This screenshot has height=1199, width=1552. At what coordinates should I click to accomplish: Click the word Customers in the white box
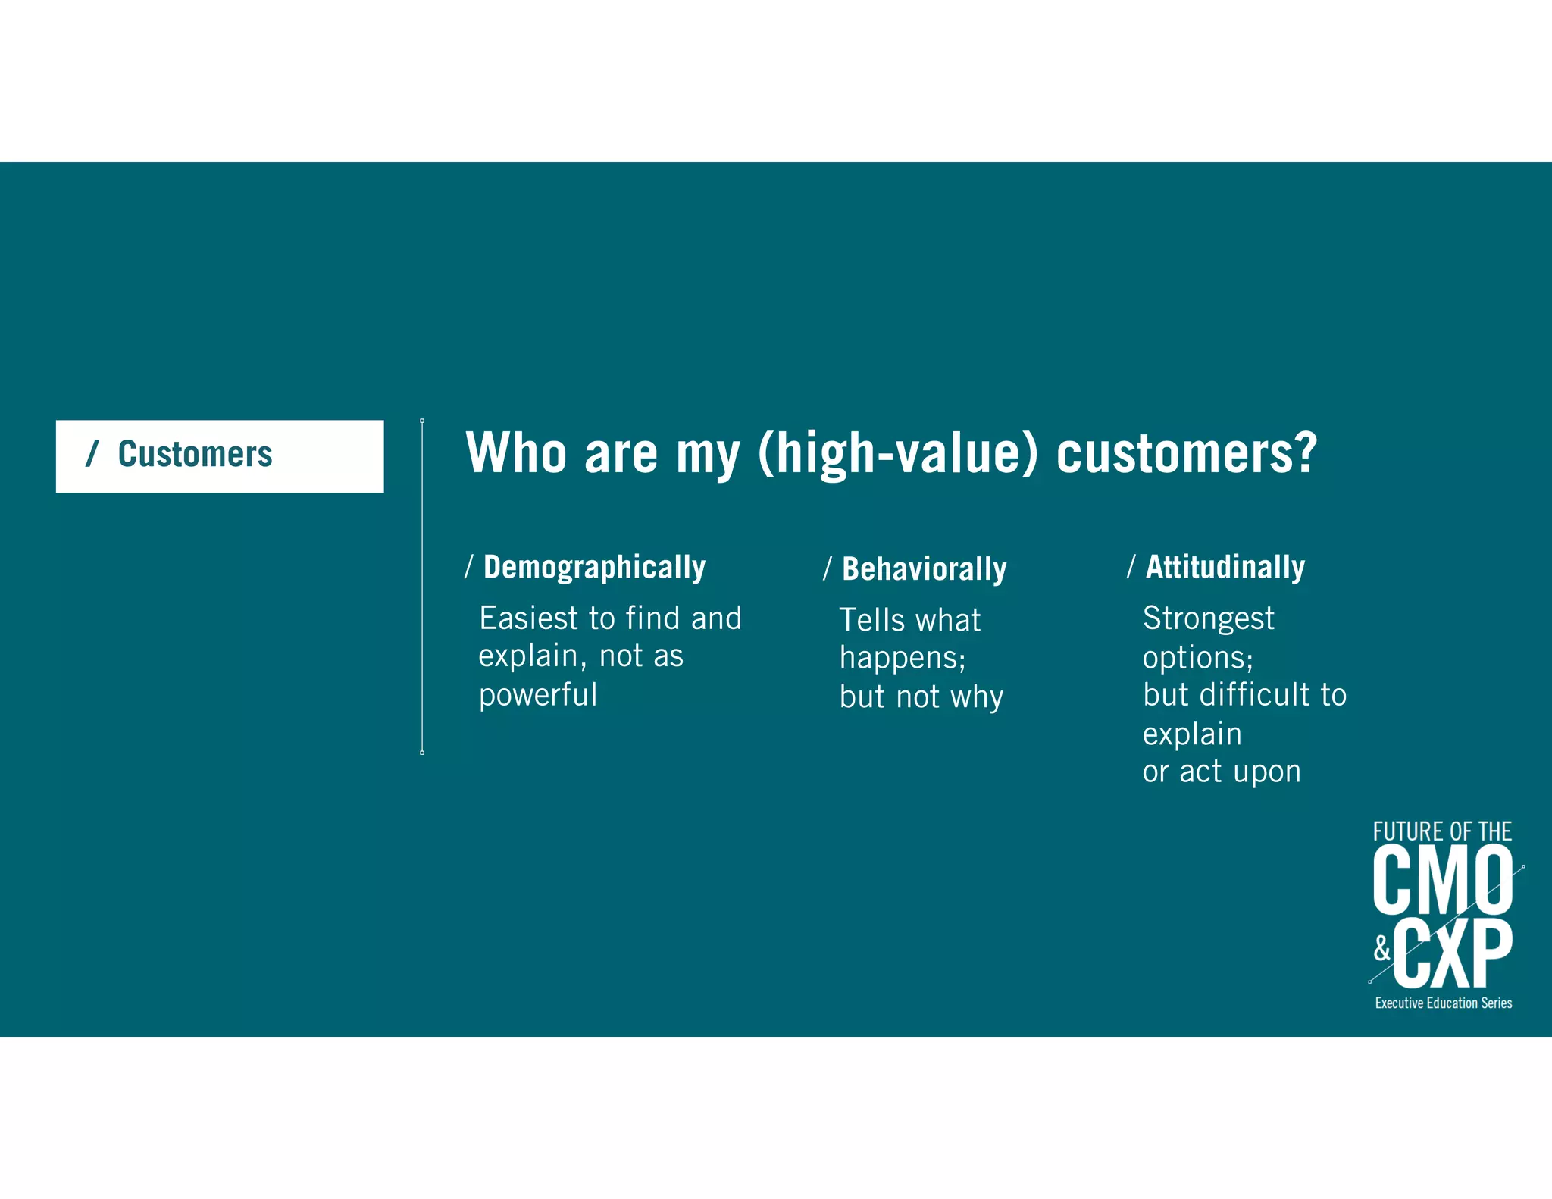(195, 454)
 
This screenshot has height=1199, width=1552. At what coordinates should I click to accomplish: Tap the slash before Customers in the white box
(92, 454)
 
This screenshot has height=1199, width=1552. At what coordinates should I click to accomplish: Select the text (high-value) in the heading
(897, 453)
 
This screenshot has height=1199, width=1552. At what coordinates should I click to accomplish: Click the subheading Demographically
(594, 568)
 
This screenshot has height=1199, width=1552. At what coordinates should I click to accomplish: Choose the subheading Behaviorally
(924, 569)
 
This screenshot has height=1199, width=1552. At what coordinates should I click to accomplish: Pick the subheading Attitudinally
(1225, 567)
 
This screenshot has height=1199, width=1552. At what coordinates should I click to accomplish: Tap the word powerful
(538, 695)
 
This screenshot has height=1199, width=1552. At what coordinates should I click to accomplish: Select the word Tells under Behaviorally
(872, 621)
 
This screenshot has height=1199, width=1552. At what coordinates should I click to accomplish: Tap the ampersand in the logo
(1382, 948)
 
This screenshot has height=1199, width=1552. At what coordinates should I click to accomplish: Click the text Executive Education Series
(1443, 1003)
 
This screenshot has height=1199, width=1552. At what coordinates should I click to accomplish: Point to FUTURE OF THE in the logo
(1441, 831)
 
